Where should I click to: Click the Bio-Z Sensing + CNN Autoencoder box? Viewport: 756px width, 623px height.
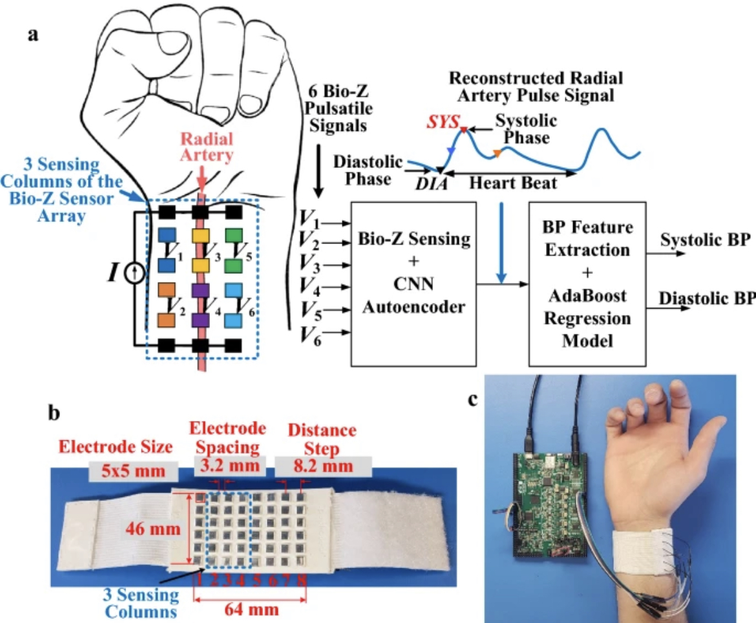(x=414, y=283)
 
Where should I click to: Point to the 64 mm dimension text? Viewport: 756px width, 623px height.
(x=251, y=609)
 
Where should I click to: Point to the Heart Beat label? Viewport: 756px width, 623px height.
(x=513, y=183)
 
